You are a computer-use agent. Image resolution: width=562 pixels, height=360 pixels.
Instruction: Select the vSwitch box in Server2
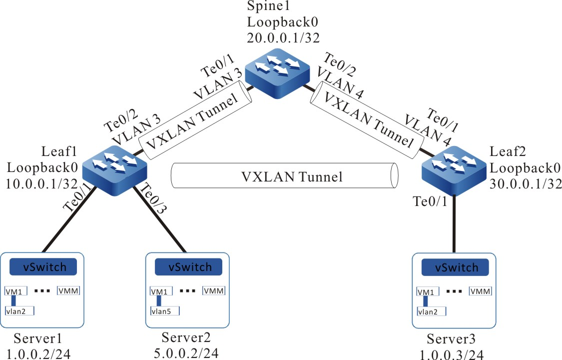pos(187,267)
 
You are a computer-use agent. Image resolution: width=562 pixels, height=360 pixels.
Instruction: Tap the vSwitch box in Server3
pos(454,267)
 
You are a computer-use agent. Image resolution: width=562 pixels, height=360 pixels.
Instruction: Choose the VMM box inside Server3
pos(480,291)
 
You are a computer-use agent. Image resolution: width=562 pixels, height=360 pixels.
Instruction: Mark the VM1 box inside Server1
pos(14,291)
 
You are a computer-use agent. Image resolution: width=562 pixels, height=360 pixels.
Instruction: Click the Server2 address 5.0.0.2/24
pos(186,353)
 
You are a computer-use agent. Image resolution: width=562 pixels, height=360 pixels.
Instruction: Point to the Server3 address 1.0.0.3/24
pos(455,353)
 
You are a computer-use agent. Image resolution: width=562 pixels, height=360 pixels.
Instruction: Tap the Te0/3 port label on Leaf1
pos(154,198)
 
